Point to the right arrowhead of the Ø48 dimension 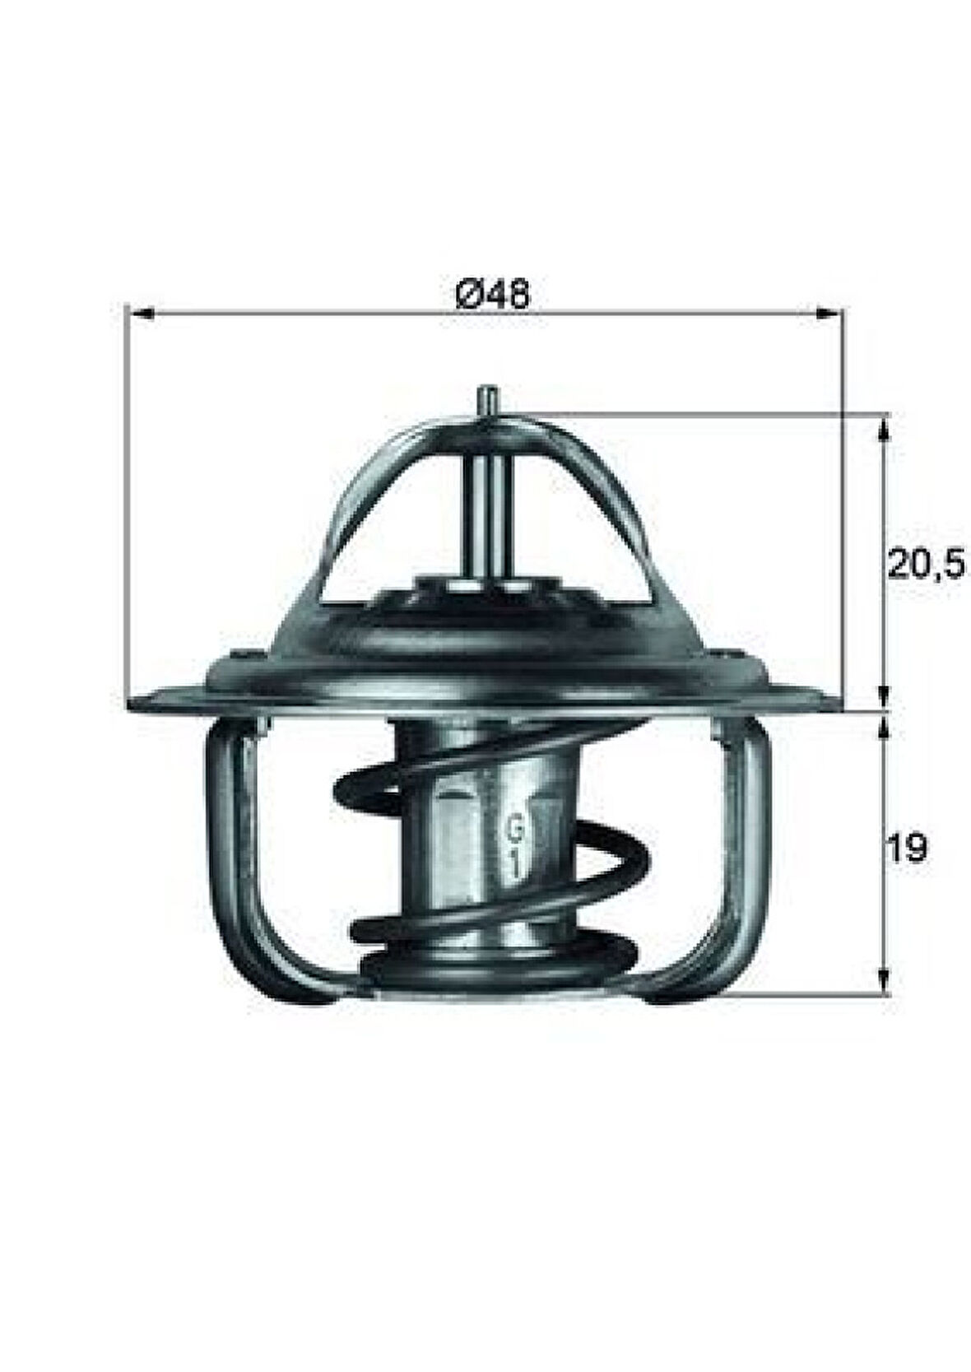829,313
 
